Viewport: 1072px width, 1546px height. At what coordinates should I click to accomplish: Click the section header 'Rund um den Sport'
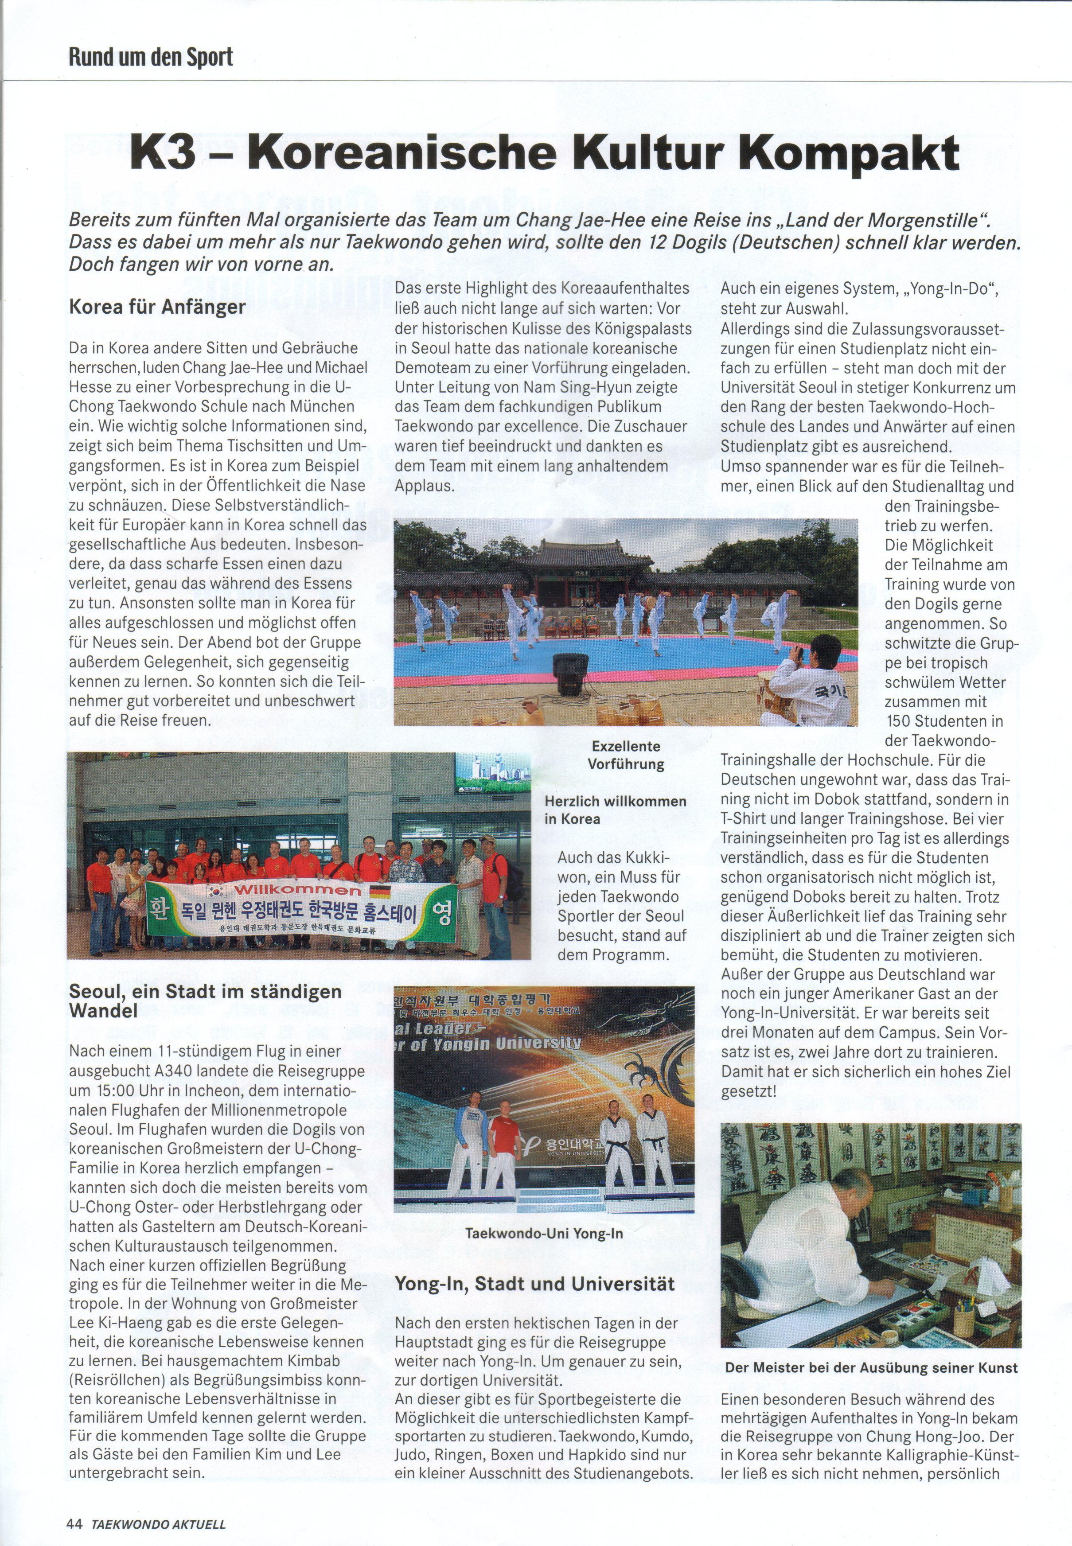point(151,57)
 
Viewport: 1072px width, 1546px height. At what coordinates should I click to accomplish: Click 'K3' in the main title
point(163,155)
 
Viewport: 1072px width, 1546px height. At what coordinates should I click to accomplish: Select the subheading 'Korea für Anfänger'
point(158,307)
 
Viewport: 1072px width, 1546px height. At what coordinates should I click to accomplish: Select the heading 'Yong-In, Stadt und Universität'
point(534,1284)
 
